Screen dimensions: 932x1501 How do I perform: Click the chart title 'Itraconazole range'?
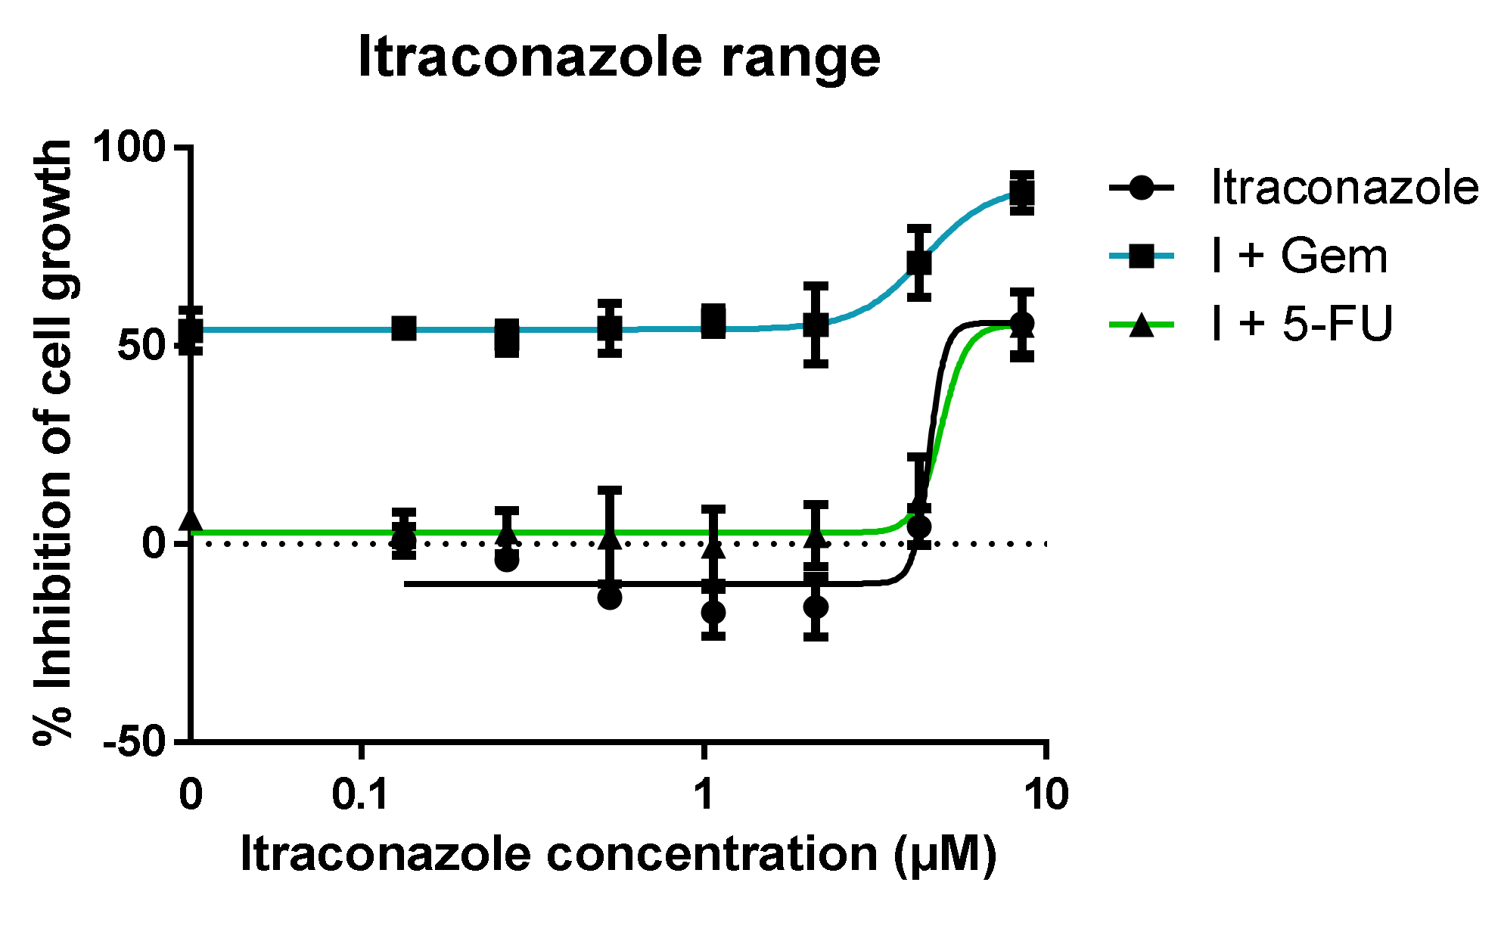click(x=619, y=57)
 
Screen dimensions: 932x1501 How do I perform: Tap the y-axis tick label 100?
click(x=129, y=146)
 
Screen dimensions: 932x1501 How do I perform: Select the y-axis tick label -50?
click(x=135, y=742)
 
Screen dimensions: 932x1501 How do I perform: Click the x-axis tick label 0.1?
click(x=361, y=795)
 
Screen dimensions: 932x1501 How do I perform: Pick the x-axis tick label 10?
click(x=1046, y=795)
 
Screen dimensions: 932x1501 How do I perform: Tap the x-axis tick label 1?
click(x=704, y=795)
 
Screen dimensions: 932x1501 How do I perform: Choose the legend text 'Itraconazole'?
click(x=1344, y=187)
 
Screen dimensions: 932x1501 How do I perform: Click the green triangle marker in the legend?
click(x=1141, y=326)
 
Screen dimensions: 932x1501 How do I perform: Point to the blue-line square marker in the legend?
click(x=1141, y=256)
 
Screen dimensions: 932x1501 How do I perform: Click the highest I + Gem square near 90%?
click(x=1022, y=193)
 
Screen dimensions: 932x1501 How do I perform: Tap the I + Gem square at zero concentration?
click(x=191, y=331)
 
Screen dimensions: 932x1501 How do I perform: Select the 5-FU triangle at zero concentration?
click(x=191, y=520)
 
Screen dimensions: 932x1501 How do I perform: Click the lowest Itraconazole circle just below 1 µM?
click(x=713, y=611)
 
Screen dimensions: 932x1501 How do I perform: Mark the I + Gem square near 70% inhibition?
click(x=918, y=263)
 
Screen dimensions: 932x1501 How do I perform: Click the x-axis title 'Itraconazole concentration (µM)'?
click(x=618, y=854)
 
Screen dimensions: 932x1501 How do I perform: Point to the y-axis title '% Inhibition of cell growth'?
click(x=53, y=443)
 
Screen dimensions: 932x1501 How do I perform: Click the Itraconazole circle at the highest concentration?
click(x=1022, y=324)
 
